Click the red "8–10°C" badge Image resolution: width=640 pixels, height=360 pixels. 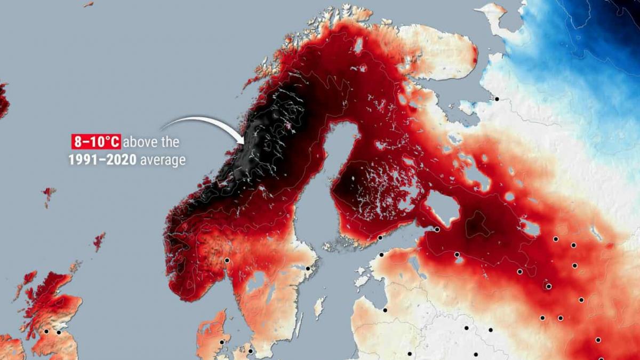pos(97,142)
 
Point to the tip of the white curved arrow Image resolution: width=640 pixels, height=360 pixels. pos(243,143)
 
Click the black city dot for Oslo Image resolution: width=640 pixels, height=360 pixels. pos(227,260)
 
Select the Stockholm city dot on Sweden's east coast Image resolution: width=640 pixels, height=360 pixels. pos(308,268)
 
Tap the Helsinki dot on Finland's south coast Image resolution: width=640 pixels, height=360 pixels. pos(380,238)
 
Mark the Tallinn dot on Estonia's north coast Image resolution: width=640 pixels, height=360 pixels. pos(381,255)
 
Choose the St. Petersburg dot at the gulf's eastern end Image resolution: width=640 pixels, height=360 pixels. pos(437,229)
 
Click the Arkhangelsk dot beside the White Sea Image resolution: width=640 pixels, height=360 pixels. pos(497,99)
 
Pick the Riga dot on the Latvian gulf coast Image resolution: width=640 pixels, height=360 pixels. pos(385,310)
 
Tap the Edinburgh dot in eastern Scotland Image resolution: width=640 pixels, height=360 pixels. pos(59,332)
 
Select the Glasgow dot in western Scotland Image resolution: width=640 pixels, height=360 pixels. pos(46,331)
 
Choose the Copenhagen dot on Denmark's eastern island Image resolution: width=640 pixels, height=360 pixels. pos(250,351)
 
